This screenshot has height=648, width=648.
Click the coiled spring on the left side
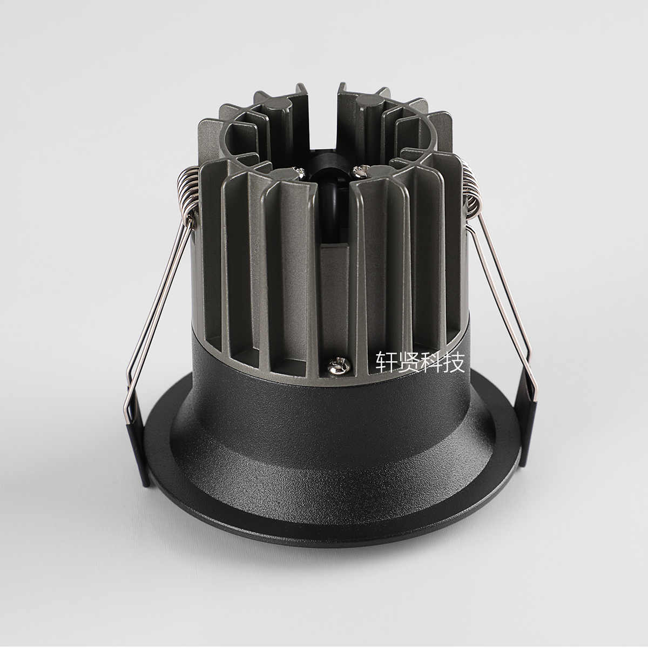click(x=189, y=191)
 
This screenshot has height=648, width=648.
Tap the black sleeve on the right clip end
click(x=528, y=433)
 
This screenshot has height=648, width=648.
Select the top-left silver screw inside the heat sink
click(x=300, y=172)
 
